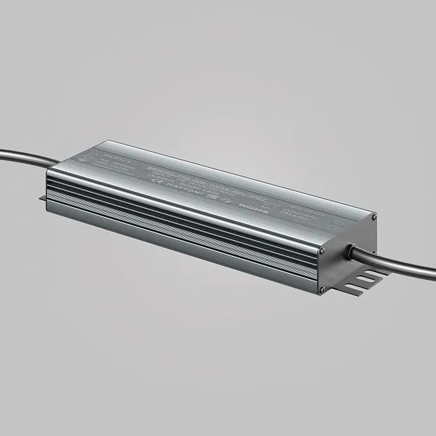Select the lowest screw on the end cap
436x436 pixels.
[322, 289]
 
